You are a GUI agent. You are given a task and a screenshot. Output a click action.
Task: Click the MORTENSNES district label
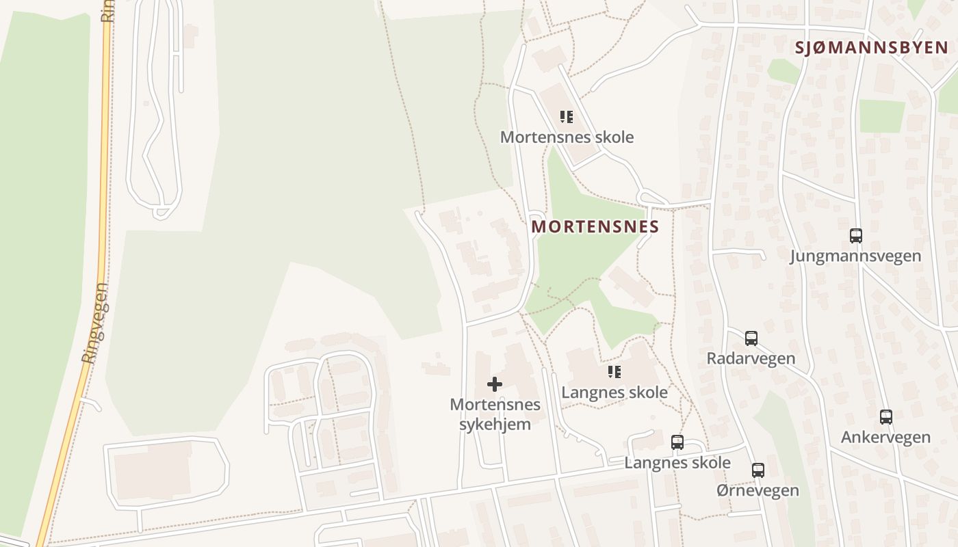tap(595, 226)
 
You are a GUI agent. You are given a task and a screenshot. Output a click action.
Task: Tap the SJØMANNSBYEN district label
tap(871, 48)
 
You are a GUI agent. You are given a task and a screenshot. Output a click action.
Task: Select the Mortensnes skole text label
tap(567, 137)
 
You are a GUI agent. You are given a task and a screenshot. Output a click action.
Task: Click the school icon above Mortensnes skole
tap(566, 117)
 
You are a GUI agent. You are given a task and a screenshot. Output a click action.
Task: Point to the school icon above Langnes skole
tap(614, 372)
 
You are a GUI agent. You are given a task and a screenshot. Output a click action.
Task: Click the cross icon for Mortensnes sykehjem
tap(494, 384)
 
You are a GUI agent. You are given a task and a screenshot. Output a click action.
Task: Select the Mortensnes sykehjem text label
tap(495, 414)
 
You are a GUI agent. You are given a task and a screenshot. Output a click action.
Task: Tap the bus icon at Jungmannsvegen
tap(855, 236)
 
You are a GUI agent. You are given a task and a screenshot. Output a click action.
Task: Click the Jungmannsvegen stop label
tap(855, 256)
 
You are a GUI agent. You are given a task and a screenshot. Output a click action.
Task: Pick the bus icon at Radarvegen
tap(751, 338)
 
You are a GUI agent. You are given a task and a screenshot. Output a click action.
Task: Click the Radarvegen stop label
tap(751, 358)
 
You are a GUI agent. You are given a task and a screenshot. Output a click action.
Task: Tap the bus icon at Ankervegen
tap(885, 416)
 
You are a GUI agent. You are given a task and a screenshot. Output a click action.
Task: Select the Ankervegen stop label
tap(885, 437)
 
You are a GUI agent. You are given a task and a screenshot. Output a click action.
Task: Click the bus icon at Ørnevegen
tap(758, 470)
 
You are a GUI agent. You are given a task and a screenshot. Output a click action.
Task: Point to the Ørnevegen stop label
tap(758, 490)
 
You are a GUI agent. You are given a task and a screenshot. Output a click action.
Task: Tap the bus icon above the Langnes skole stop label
tap(677, 442)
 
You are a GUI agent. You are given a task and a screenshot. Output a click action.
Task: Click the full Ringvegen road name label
tap(95, 323)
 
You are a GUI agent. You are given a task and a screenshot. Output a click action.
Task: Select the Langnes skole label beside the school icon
tap(614, 392)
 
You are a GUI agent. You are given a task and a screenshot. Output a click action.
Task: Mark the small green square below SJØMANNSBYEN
tap(881, 116)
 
